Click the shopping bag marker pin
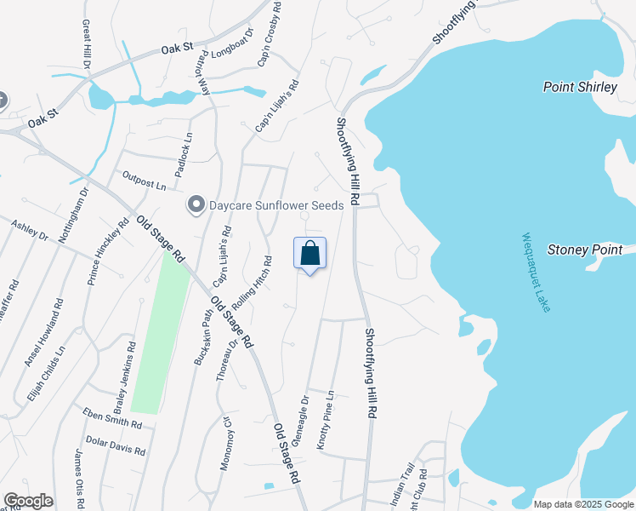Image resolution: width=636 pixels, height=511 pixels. pyautogui.click(x=309, y=254)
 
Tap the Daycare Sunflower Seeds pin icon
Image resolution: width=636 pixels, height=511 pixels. pyautogui.click(x=196, y=205)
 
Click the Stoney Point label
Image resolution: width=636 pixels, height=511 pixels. pyautogui.click(x=591, y=250)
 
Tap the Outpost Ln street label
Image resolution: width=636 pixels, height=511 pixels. pyautogui.click(x=145, y=183)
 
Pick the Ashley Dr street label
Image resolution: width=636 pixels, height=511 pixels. pyautogui.click(x=30, y=230)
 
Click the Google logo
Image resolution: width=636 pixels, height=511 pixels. pyautogui.click(x=27, y=501)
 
